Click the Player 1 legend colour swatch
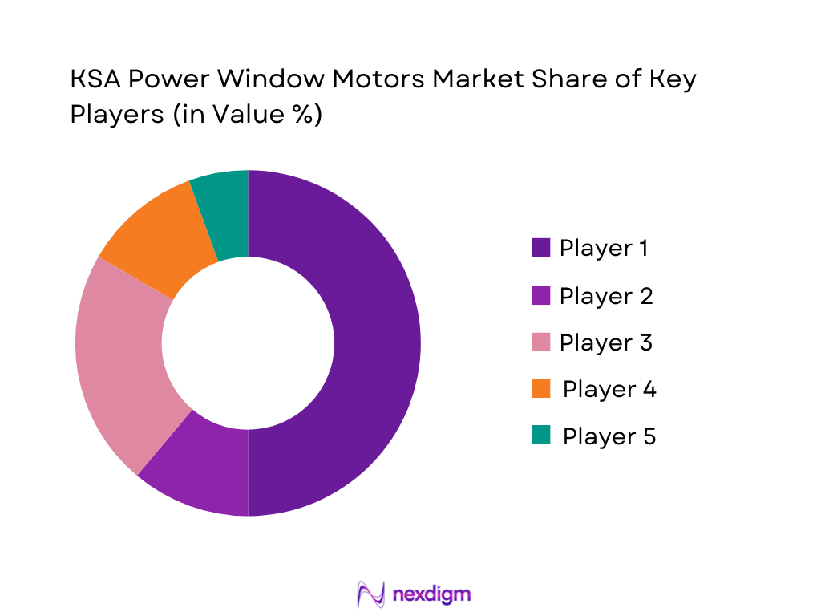(540, 249)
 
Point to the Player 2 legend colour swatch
(540, 296)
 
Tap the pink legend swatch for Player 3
(540, 342)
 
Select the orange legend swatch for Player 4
(540, 389)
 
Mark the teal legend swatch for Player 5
(540, 436)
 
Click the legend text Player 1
(603, 249)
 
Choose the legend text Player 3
(605, 342)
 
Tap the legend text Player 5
(609, 436)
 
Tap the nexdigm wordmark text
(432, 594)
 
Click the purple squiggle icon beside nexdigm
(370, 594)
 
